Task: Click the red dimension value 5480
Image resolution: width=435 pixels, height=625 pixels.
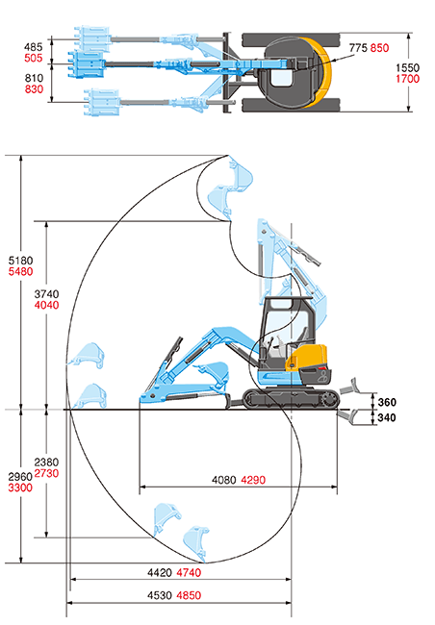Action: click(21, 272)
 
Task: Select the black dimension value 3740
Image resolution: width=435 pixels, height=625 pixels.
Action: click(47, 294)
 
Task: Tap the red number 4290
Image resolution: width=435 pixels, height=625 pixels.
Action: click(253, 480)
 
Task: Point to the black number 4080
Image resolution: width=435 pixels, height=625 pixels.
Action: click(224, 480)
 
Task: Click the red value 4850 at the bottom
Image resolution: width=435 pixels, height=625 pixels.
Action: click(189, 595)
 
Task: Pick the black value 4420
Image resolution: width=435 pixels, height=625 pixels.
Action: click(160, 573)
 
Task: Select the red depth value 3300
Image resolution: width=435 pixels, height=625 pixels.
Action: click(20, 487)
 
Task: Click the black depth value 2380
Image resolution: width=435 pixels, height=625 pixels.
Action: click(46, 462)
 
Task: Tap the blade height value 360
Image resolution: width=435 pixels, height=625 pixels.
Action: click(387, 402)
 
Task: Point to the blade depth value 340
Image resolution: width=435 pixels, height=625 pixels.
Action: click(387, 417)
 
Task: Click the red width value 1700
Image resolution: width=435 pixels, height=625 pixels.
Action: click(408, 79)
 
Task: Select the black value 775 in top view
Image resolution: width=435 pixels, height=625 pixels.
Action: click(358, 48)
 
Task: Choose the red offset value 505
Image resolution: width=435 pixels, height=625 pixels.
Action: click(33, 59)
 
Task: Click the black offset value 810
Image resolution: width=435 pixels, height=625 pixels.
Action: click(34, 78)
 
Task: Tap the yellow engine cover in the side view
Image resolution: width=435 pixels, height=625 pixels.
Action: click(306, 358)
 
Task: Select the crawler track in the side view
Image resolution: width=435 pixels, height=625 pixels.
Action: click(292, 399)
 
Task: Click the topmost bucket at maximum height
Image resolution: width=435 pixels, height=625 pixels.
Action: click(241, 173)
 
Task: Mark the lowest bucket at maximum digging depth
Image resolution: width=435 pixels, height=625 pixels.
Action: click(196, 543)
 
